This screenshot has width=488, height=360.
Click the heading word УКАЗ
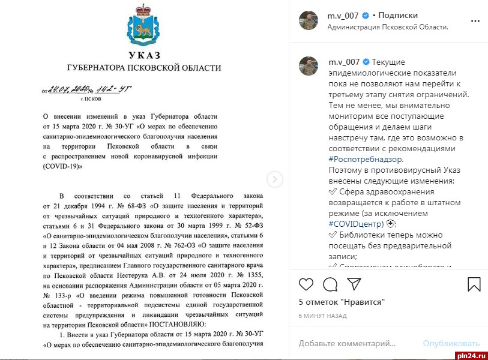[x=144, y=55]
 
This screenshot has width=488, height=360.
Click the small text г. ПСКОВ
[x=91, y=98]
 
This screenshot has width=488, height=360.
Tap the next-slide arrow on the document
[x=274, y=179]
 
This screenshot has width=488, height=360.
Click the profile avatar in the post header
[x=308, y=20]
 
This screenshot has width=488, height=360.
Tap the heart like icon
[x=306, y=284]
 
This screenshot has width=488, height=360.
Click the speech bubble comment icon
[x=330, y=284]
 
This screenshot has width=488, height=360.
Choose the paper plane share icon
[x=354, y=284]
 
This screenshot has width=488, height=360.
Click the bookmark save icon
[x=474, y=284]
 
